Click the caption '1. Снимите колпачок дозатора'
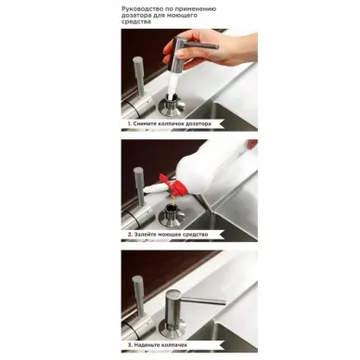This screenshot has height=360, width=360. point(170,123)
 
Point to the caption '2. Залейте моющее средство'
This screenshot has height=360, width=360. point(168,235)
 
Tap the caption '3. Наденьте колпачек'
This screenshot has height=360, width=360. point(158,344)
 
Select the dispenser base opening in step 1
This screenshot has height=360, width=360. point(172,105)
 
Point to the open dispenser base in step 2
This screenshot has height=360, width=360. point(172,215)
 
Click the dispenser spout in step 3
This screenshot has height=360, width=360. point(203,301)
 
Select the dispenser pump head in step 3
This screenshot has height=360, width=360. point(174,306)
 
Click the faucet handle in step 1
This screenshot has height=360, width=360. point(139,76)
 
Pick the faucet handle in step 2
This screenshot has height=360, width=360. point(140,186)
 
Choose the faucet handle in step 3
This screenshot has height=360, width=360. point(139,296)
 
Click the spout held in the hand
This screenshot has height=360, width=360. point(201,45)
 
